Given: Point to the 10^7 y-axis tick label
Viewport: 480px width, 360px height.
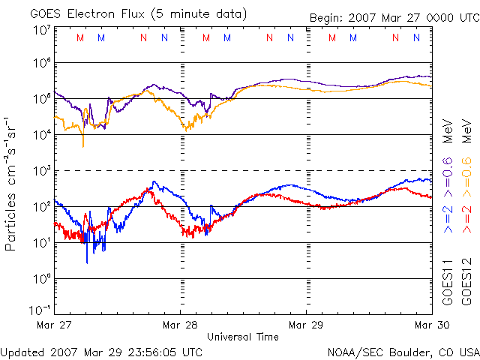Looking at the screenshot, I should [x=42, y=30].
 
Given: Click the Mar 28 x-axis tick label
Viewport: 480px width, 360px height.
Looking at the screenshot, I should [x=180, y=325].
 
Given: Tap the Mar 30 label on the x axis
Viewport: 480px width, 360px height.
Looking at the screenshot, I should [x=431, y=325].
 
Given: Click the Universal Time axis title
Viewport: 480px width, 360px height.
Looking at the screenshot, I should [x=243, y=337].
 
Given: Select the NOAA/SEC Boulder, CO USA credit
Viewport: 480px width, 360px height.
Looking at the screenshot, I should [x=403, y=351].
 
